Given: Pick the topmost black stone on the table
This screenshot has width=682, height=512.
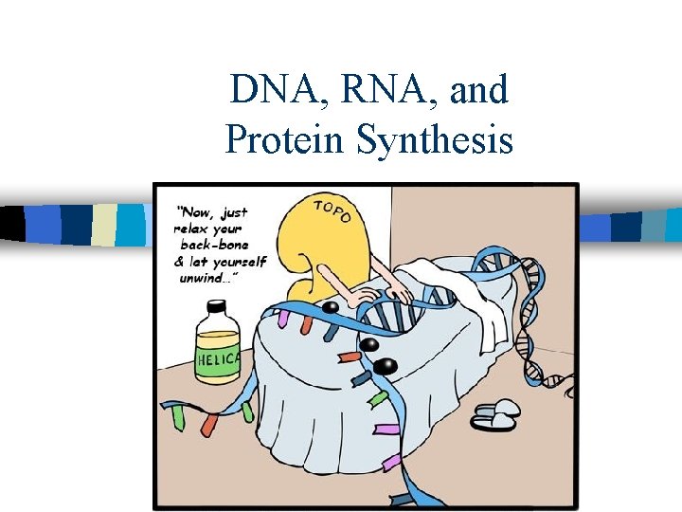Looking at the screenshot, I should (x=330, y=308).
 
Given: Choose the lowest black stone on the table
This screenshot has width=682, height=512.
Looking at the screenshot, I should (x=385, y=365).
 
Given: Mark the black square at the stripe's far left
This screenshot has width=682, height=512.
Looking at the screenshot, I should (x=12, y=224).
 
